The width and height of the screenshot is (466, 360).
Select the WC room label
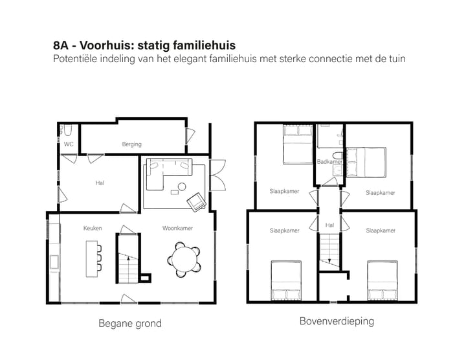click(x=68, y=144)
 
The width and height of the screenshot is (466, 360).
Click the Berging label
click(x=131, y=144)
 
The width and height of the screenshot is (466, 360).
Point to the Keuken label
click(x=93, y=228)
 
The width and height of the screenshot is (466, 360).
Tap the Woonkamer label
click(x=177, y=228)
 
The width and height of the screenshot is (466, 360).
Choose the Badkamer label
click(x=329, y=161)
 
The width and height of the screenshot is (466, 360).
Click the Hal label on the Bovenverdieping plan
click(x=329, y=225)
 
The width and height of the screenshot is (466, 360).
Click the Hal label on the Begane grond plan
click(x=100, y=183)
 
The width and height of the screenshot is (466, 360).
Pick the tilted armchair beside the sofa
click(x=195, y=203)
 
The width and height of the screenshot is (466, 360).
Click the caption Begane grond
click(x=129, y=323)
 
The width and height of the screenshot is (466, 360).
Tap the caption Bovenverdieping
click(x=337, y=321)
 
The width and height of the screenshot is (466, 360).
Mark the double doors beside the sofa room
click(x=217, y=172)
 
